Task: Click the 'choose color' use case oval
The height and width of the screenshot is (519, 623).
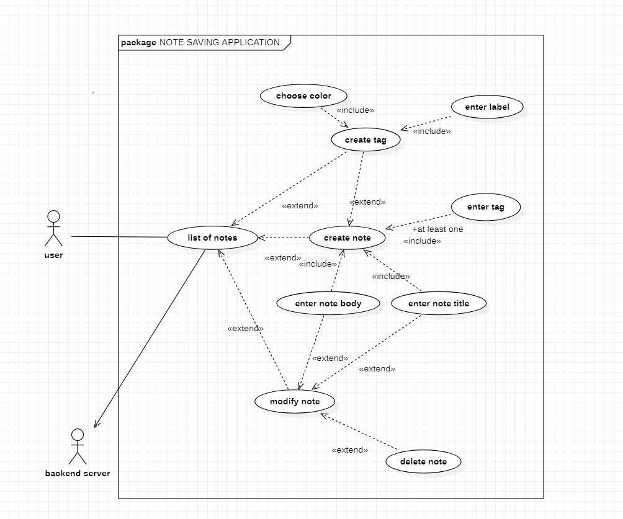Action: click(303, 95)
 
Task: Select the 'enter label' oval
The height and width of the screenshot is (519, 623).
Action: click(487, 107)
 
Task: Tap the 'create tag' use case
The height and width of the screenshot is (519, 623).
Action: click(365, 140)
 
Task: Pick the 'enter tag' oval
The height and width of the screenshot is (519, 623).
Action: click(486, 207)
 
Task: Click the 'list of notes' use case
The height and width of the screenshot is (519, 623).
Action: click(213, 237)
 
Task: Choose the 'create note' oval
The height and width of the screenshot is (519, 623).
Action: click(347, 237)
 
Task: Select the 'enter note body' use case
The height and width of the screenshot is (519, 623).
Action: click(328, 303)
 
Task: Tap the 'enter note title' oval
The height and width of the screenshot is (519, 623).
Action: click(439, 303)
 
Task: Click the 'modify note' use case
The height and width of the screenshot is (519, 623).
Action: click(295, 401)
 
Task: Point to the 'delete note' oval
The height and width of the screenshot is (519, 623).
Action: click(424, 461)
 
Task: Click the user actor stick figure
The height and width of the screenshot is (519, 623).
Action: click(53, 228)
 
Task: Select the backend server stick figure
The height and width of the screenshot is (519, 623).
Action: click(78, 446)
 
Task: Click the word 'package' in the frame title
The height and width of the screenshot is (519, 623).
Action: click(138, 43)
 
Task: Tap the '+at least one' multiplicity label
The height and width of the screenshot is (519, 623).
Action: click(437, 229)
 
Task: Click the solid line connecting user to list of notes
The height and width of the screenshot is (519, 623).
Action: click(119, 237)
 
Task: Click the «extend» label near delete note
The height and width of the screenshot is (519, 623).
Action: click(349, 450)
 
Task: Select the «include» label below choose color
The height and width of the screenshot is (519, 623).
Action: click(355, 110)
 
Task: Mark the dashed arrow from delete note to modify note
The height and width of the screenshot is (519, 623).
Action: click(359, 432)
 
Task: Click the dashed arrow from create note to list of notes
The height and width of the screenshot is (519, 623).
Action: click(284, 238)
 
